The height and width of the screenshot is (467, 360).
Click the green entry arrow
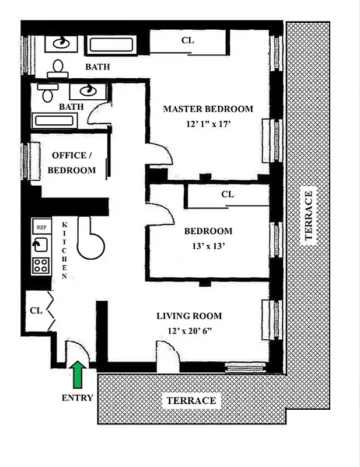coord(78,374)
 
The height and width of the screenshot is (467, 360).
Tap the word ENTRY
coord(77,398)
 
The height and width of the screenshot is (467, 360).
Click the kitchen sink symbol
coord(40,245)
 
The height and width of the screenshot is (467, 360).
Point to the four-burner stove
coord(40,266)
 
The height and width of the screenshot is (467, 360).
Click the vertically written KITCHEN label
coord(65,250)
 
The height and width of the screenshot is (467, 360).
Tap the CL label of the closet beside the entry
coord(36,310)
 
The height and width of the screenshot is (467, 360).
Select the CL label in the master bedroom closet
coord(187,40)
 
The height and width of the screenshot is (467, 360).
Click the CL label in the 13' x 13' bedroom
coord(228,194)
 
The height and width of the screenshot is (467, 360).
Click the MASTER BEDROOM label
coord(208,109)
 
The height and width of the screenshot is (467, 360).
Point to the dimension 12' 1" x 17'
coord(208,124)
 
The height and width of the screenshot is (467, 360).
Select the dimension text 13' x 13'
coord(208,246)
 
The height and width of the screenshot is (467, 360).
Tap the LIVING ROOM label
coord(189,316)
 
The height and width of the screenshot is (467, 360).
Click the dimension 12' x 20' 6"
coord(189,331)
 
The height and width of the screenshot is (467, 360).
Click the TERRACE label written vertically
coord(309,214)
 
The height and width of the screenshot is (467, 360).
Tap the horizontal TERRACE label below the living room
coord(191,400)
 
